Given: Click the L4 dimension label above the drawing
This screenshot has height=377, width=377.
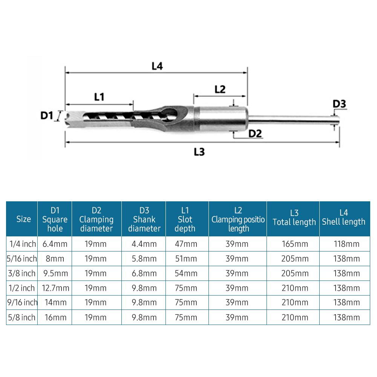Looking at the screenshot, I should (x=157, y=66).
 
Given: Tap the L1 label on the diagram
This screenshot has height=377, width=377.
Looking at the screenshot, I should (x=99, y=97).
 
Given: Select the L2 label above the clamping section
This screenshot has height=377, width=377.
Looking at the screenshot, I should (x=220, y=89).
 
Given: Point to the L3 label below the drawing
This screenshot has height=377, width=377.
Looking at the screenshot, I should (x=199, y=152).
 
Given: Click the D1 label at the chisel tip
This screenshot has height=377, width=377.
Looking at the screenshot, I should (x=46, y=115).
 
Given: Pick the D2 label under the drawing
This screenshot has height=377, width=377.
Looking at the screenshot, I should (x=255, y=133).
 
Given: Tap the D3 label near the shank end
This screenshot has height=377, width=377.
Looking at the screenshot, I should (x=339, y=103).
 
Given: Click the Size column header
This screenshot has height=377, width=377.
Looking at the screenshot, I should (x=23, y=219).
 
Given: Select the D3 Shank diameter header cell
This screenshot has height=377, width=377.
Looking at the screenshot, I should (x=144, y=219).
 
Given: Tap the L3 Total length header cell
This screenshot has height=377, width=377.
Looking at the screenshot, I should (x=294, y=219).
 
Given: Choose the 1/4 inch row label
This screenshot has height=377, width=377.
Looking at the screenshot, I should (x=23, y=244).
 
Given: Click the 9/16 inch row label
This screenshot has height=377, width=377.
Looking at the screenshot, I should (x=23, y=302).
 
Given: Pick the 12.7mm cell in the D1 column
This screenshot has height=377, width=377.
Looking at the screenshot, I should (x=55, y=288).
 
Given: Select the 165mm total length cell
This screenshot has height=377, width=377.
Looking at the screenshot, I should (x=294, y=244).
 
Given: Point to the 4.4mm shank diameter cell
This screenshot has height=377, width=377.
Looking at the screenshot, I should (x=144, y=244).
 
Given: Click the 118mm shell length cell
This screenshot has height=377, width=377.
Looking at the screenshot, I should (x=344, y=244).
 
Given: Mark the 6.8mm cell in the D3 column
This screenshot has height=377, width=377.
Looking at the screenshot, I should (x=144, y=273).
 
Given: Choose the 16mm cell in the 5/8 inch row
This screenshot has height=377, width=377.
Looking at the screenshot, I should (x=55, y=317).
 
